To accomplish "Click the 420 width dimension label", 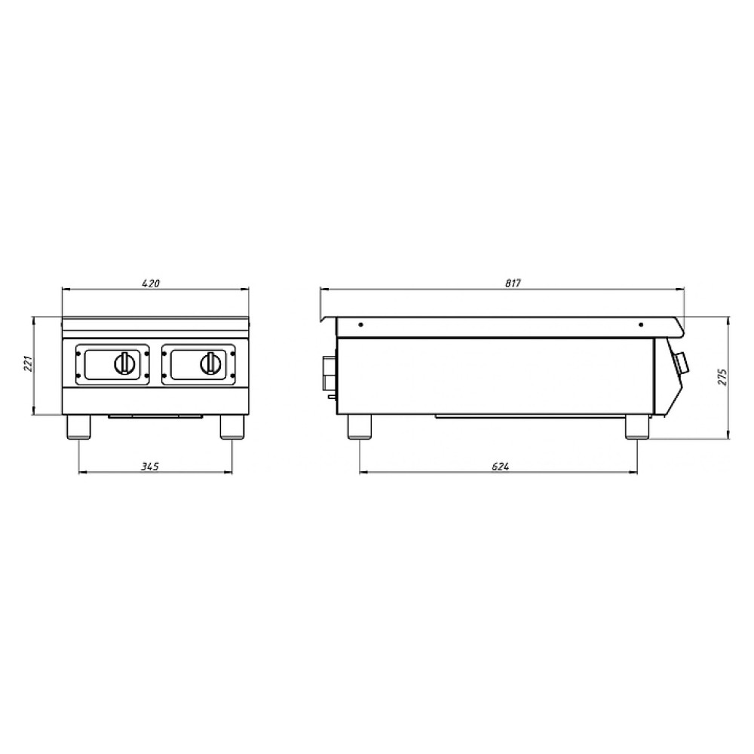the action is pyautogui.click(x=151, y=284).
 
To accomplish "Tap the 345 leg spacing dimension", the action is pyautogui.click(x=150, y=466).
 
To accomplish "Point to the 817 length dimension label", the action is pyautogui.click(x=513, y=284).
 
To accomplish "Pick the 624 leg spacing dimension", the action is pyautogui.click(x=500, y=466).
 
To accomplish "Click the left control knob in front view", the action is pyautogui.click(x=124, y=363).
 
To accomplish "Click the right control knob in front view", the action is pyautogui.click(x=210, y=363).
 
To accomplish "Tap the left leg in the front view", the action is pyautogui.click(x=78, y=427).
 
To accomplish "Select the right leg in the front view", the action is pyautogui.click(x=232, y=427).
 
